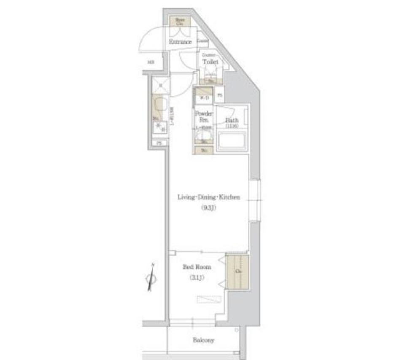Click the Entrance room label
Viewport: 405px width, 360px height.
pos(180,42)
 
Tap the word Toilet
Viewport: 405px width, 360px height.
pos(210,62)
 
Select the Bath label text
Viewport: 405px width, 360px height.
pos(232,120)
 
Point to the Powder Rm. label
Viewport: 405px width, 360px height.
pos(203,116)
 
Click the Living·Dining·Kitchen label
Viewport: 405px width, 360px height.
pos(208,197)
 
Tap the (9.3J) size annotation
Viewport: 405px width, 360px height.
pos(208,207)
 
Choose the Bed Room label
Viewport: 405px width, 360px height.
pos(197,267)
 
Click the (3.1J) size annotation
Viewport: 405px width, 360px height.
pos(197,278)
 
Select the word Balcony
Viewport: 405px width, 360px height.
pos(204,340)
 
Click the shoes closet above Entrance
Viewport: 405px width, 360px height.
pos(180,21)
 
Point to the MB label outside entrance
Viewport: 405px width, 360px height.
pos(151,63)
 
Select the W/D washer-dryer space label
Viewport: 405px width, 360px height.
pos(204,98)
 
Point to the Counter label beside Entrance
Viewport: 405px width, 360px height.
pos(202,41)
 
